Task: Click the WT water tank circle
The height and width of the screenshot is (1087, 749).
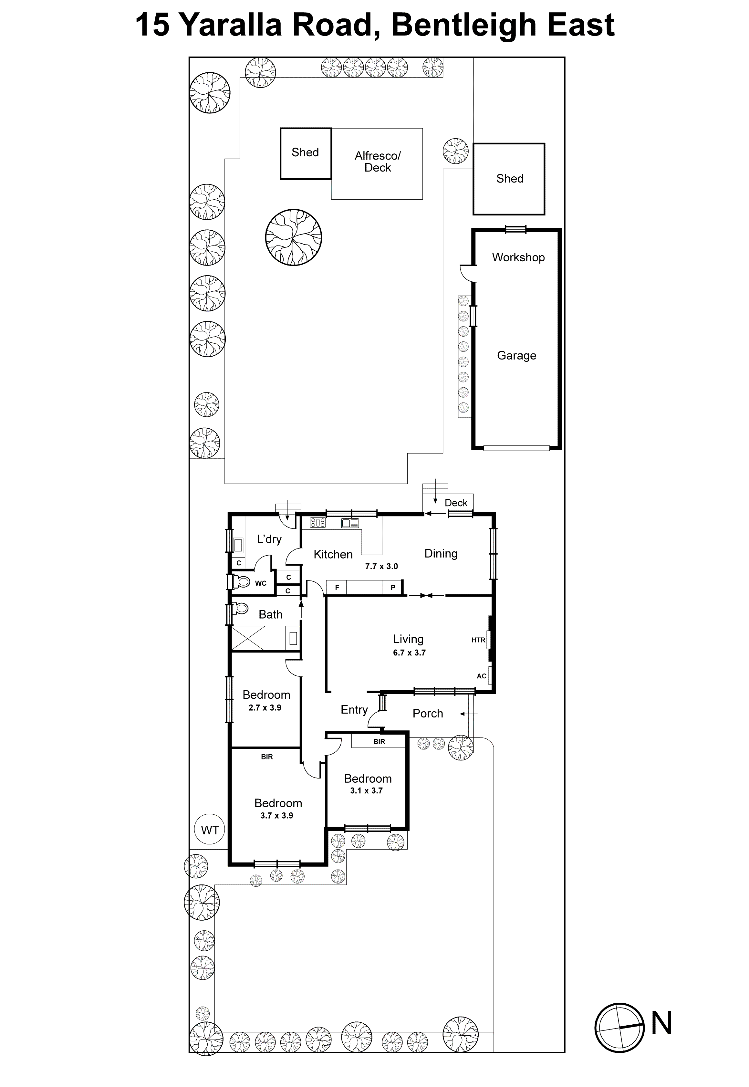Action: [x=210, y=830]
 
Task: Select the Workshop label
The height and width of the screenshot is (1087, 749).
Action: [x=518, y=257]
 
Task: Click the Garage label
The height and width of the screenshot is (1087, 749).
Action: [x=516, y=355]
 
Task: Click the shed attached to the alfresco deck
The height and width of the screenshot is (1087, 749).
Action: [x=306, y=153]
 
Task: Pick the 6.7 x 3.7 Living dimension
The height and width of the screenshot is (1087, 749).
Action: [x=409, y=653]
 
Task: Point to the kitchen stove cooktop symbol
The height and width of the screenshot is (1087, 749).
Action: [x=318, y=522]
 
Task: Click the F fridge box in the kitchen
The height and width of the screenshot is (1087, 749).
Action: [x=337, y=588]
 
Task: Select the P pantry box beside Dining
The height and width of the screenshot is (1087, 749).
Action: [x=393, y=588]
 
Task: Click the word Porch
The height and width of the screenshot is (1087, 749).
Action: [x=428, y=713]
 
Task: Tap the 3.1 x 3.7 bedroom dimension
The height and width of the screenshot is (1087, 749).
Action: [x=366, y=791]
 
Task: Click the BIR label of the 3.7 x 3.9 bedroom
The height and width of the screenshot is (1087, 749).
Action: [x=266, y=757]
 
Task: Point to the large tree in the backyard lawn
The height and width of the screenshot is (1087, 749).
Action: [x=293, y=237]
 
